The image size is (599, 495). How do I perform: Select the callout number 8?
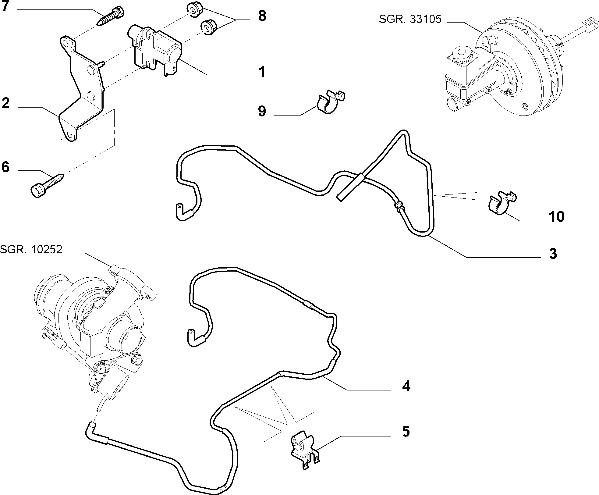[x=262, y=16]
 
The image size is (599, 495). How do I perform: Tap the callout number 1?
[x=261, y=72]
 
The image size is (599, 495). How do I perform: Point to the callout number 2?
[x=5, y=103]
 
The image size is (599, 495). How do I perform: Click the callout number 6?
[x=5, y=167]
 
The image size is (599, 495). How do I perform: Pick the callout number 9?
[x=262, y=111]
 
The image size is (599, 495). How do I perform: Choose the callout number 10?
[x=556, y=217]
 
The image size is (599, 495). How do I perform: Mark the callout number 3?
[x=553, y=254]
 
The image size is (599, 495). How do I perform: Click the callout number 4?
[x=406, y=386]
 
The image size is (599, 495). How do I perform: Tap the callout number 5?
[x=406, y=431]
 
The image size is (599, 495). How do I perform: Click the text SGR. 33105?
[x=410, y=19]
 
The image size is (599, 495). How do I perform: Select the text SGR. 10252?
[x=31, y=249]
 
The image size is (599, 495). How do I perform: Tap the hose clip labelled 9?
[x=331, y=102]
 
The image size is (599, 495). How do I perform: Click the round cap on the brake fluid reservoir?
[x=462, y=55]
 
